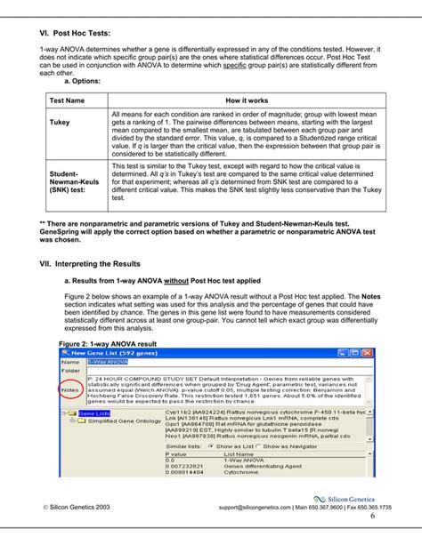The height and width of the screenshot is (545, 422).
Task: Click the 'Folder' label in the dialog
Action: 70,373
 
